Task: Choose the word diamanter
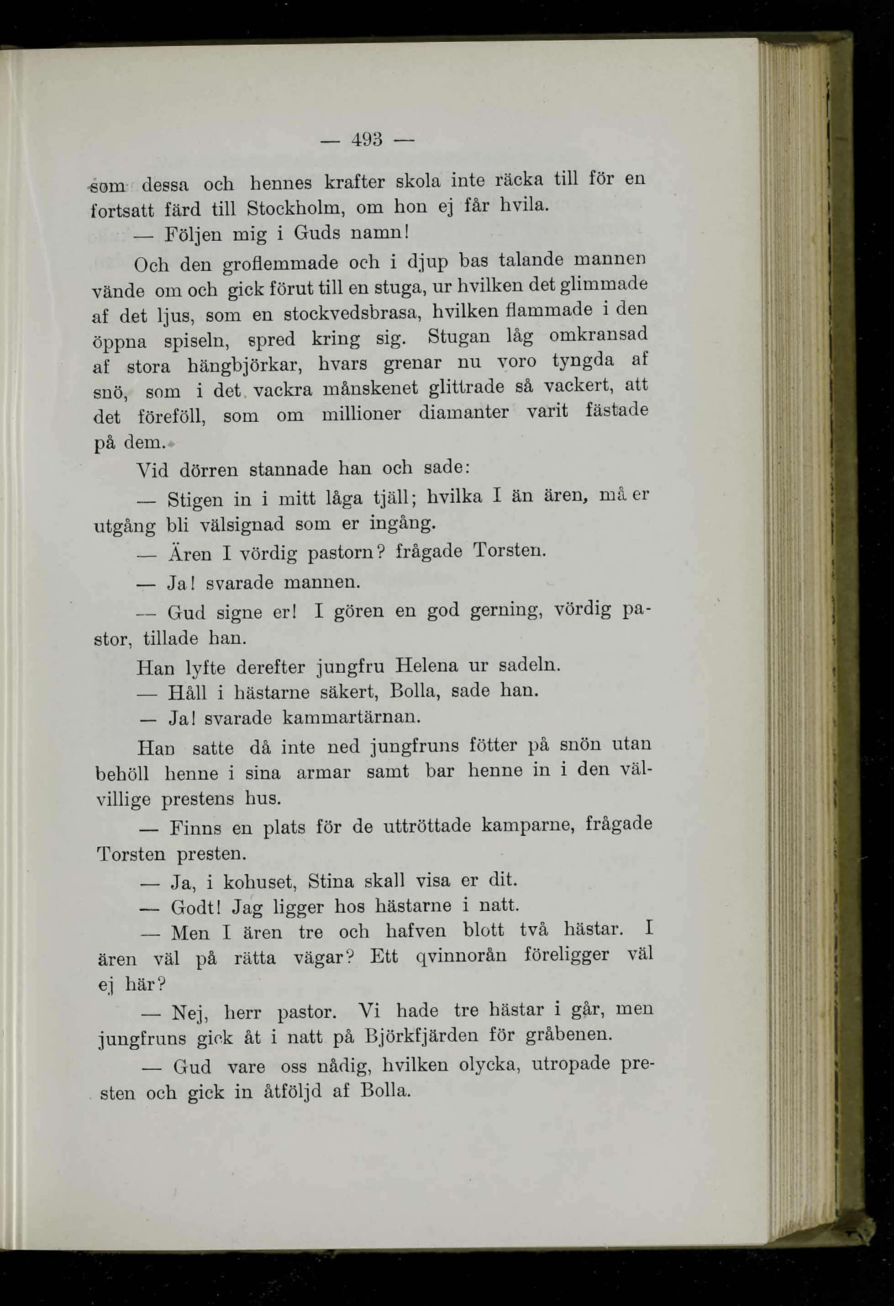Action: [x=463, y=413]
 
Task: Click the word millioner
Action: [x=362, y=415]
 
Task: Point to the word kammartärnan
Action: [x=351, y=717]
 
